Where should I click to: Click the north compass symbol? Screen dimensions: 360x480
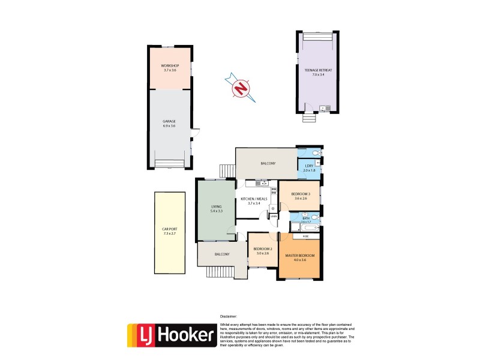tap(241, 88)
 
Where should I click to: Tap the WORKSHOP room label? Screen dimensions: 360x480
tap(170, 68)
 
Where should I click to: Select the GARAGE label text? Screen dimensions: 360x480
tap(169, 124)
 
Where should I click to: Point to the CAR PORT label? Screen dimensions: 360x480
tap(170, 231)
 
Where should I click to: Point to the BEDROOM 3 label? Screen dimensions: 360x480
tap(300, 196)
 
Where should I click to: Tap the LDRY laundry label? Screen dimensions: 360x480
tap(309, 168)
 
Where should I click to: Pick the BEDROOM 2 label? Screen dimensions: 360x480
tap(263, 251)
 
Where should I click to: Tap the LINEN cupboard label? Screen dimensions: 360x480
tap(273, 216)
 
